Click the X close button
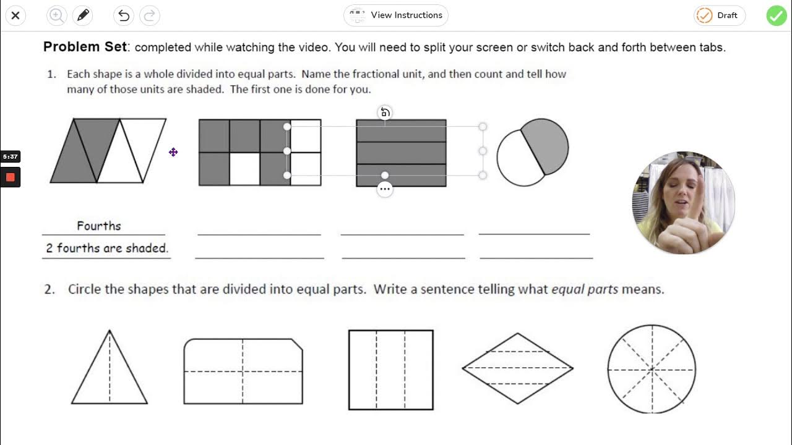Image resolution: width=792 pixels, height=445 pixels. coord(15,15)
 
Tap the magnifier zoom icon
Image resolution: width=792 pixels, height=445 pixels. coord(56,15)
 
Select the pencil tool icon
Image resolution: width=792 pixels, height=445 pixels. coord(82,15)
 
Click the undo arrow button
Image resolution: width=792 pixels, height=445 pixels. coord(124,15)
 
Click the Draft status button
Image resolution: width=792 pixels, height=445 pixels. coord(719,15)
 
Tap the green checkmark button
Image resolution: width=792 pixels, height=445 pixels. coord(776,15)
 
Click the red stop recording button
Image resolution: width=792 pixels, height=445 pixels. coord(10,177)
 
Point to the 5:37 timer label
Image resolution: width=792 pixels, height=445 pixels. coord(10,156)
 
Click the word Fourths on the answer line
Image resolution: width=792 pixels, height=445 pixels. coord(98,226)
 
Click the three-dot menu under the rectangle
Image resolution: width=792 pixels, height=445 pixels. coord(385,189)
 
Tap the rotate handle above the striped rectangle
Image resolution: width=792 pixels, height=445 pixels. coord(385,112)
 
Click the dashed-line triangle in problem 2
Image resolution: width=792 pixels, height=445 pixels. coord(110,371)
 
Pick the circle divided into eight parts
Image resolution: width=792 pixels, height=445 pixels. coord(652,369)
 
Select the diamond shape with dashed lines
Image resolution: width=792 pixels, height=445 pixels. coord(518,368)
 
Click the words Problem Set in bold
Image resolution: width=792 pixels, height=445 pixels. coord(85,47)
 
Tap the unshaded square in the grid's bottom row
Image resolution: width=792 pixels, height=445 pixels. coord(244,169)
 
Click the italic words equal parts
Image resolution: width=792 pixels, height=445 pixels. coord(585,289)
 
